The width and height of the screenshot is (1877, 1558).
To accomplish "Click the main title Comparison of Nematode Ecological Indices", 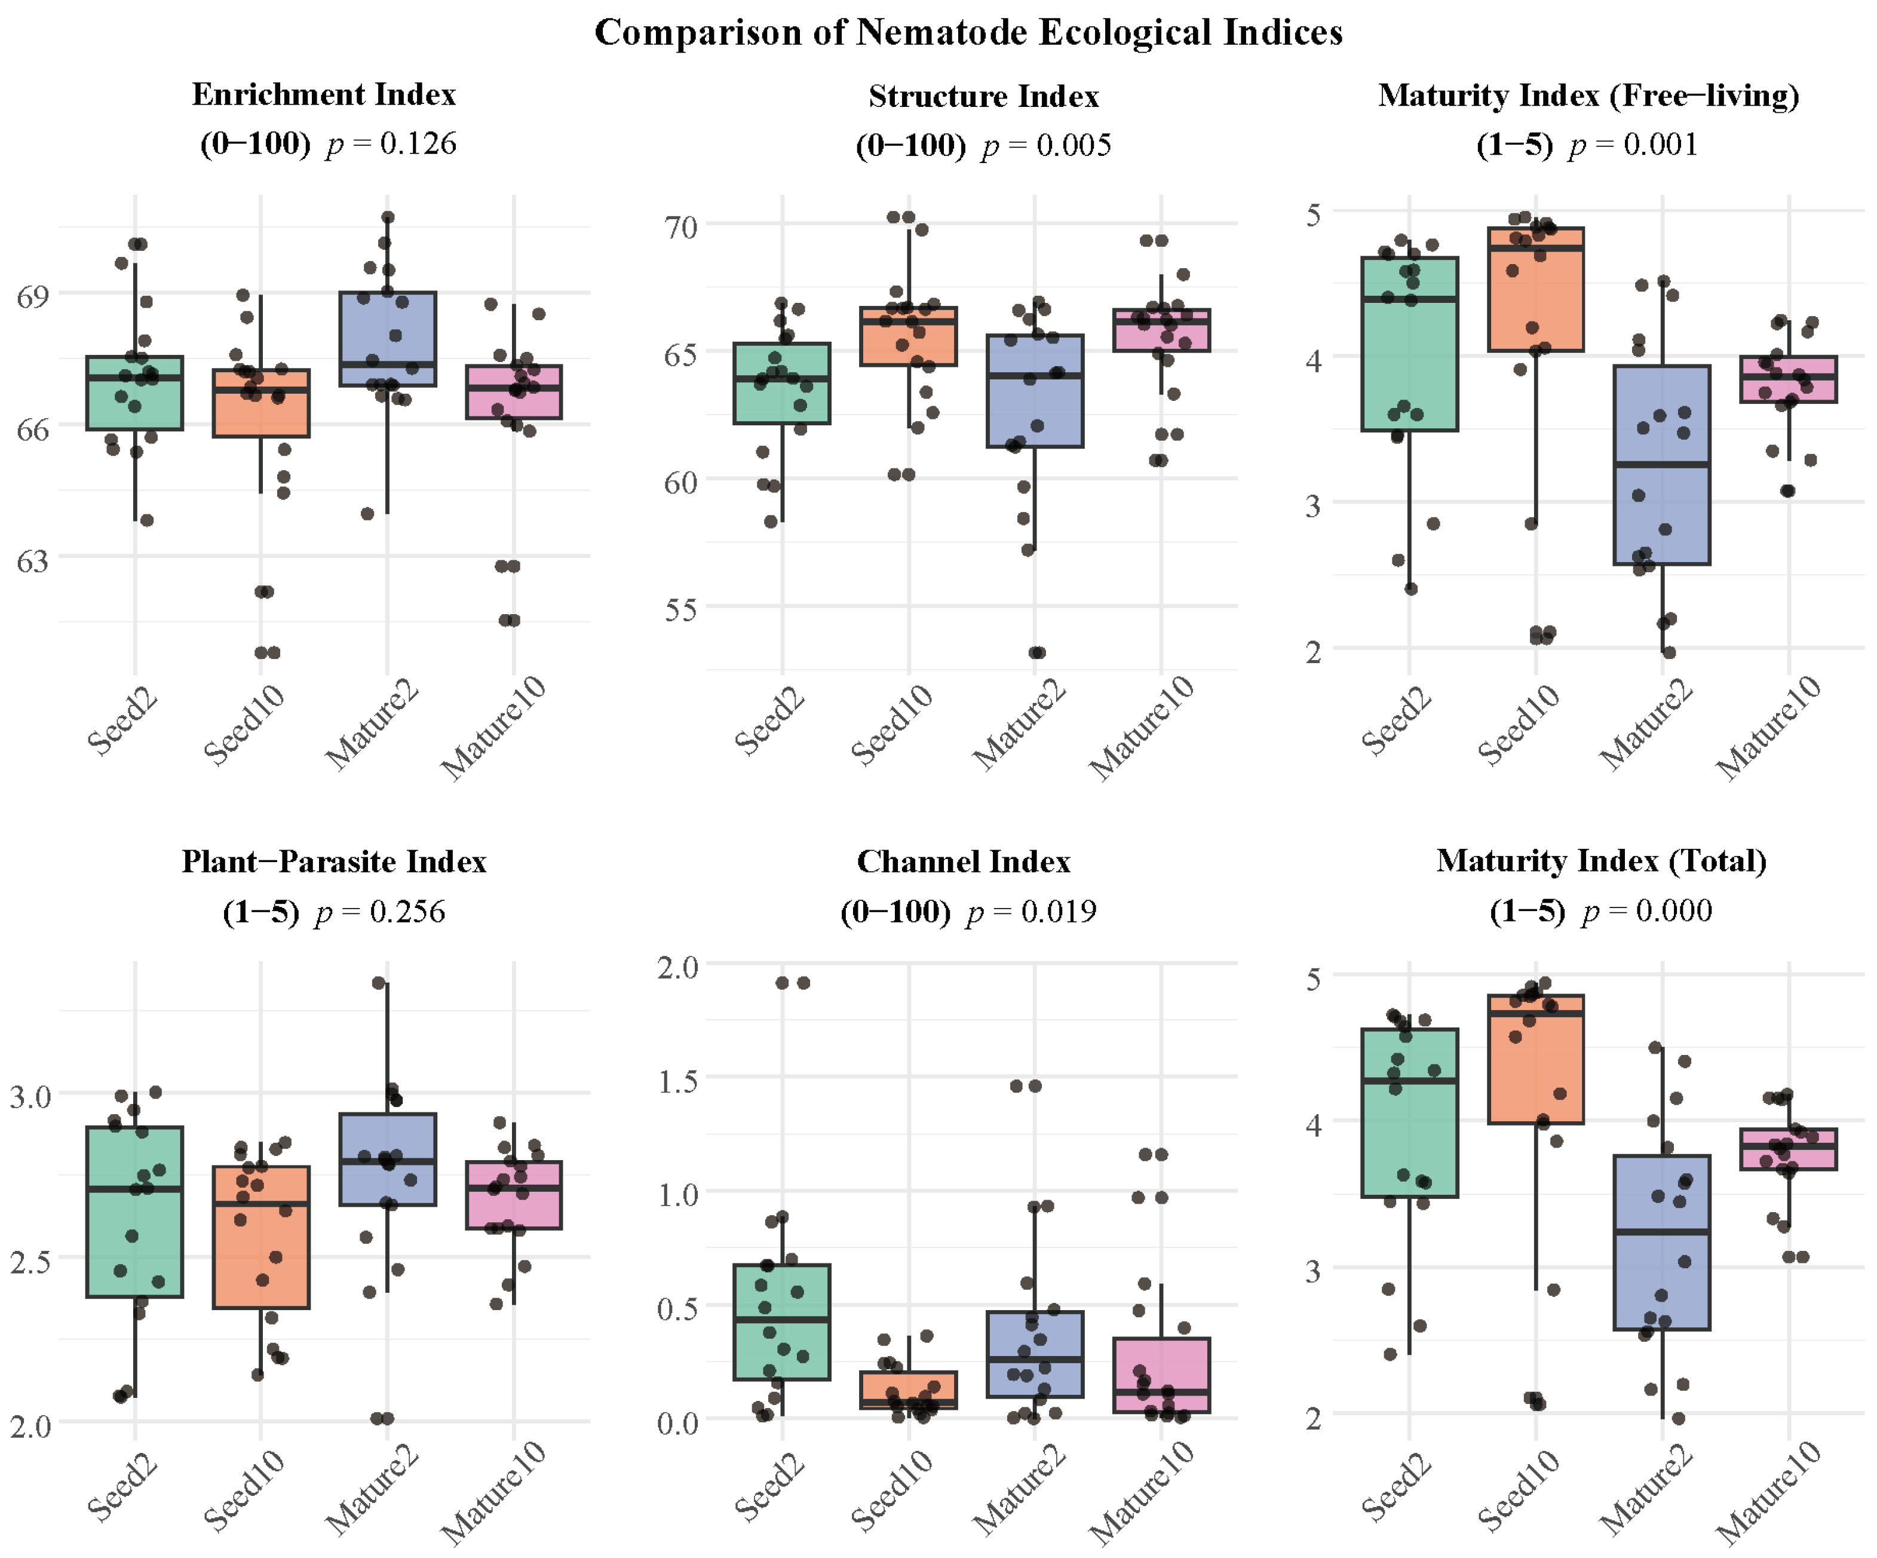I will click(x=968, y=33).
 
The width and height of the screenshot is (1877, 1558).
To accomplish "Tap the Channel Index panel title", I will click(x=964, y=861).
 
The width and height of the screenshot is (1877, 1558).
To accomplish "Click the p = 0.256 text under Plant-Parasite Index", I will click(x=380, y=912).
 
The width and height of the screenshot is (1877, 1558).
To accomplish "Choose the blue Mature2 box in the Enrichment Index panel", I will click(x=387, y=331).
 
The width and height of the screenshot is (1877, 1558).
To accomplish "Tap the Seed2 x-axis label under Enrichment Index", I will click(x=122, y=722).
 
